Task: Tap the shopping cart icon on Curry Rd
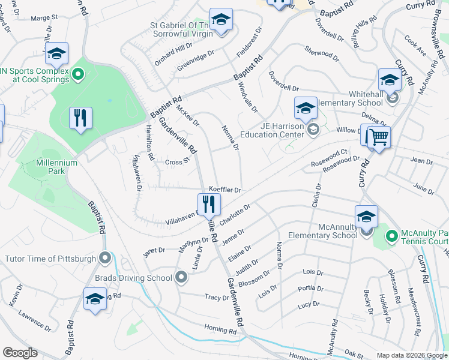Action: click(x=378, y=137)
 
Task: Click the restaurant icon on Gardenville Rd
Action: click(x=209, y=205)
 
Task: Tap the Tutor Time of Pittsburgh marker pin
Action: click(x=106, y=259)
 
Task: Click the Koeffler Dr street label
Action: click(x=224, y=190)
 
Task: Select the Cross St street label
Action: click(x=177, y=161)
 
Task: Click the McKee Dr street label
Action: click(x=187, y=115)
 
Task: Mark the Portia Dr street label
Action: click(x=310, y=288)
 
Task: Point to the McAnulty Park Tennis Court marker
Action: click(x=391, y=236)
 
